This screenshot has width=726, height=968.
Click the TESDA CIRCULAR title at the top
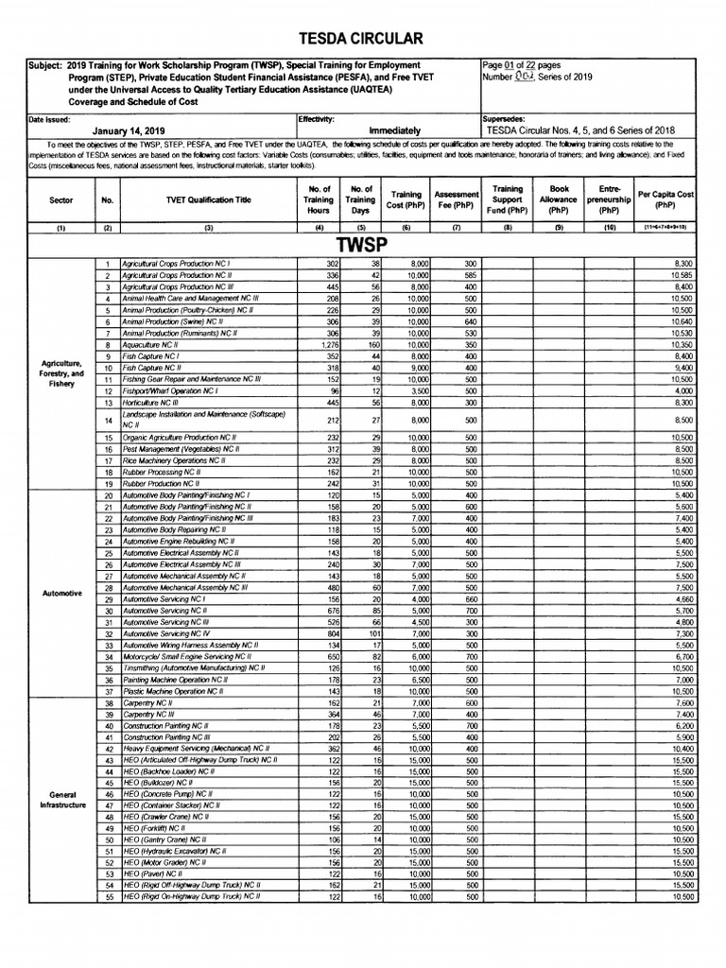coord(363,38)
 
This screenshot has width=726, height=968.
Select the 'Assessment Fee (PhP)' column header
coord(455,199)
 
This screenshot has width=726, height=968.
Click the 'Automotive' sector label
coord(61,594)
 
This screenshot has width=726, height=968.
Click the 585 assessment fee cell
coord(468,275)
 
